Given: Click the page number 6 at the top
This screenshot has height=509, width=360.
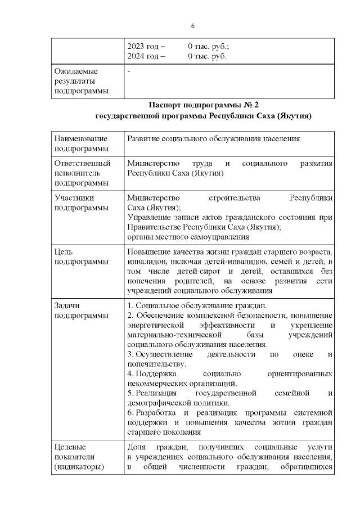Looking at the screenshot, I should coord(192,26).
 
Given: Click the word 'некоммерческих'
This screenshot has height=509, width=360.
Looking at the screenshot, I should coord(157,384).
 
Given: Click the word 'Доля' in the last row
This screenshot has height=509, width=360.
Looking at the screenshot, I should coord(137,447).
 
